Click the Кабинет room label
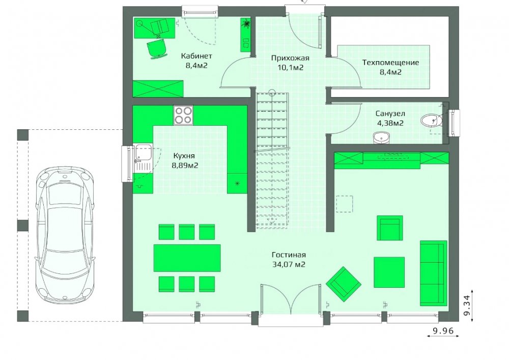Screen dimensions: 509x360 [196, 56]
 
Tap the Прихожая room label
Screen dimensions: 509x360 [290, 58]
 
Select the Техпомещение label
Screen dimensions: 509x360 [390, 62]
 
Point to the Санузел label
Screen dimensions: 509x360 [390, 114]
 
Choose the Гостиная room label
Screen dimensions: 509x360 [289, 255]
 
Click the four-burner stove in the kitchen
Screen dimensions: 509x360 [183, 115]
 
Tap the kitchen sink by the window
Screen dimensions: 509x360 [143, 158]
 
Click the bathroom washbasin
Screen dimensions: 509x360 [381, 137]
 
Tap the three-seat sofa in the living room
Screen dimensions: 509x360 [433, 273]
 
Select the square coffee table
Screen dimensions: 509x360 [389, 272]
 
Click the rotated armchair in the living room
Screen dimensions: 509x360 [344, 284]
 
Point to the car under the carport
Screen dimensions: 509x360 [66, 235]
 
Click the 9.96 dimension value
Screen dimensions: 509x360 [443, 331]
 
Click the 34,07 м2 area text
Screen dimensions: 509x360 [289, 264]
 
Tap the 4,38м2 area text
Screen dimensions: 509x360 [390, 123]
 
